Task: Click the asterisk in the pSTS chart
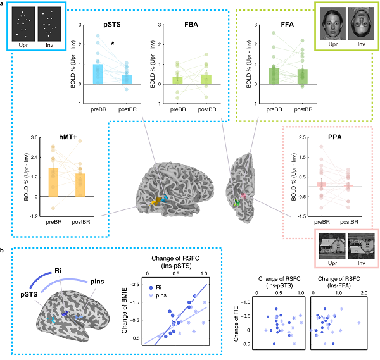pyautogui.click(x=112, y=44)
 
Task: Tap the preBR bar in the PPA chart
pyautogui.click(x=322, y=184)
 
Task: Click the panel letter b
pyautogui.click(x=6, y=251)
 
